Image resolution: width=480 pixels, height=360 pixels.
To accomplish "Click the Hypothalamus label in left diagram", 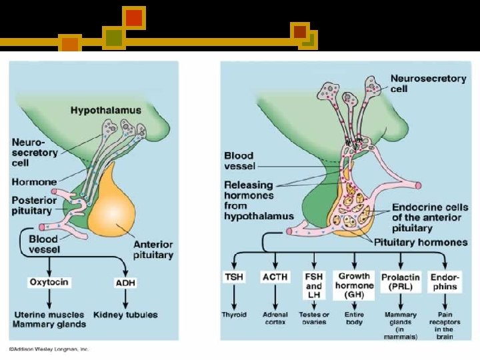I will pos(106,109).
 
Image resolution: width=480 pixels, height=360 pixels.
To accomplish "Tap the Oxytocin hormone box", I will pos(48,283).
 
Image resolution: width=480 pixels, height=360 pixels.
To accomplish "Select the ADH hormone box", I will pos(125,283).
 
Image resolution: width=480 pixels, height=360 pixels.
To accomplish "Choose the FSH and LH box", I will pos(314,281).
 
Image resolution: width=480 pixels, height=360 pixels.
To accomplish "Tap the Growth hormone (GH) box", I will pos(354,281).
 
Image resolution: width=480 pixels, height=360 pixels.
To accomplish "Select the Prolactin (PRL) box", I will pos(401,281).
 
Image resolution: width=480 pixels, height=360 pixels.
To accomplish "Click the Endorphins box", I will pos(444,281).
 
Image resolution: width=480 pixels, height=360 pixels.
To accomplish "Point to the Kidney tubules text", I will pos(126,314).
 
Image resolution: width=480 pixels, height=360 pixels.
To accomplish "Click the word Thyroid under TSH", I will pos(234,315).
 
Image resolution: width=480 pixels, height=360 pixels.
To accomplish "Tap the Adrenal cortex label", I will pos(275,318).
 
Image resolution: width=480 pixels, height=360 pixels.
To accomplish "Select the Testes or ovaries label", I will pos(314,318).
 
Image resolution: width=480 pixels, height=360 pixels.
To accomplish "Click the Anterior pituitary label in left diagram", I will pos(153,249).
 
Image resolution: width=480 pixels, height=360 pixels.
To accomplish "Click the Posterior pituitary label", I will pos(33,206).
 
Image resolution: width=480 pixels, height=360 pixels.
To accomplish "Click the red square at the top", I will pos(134,17).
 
